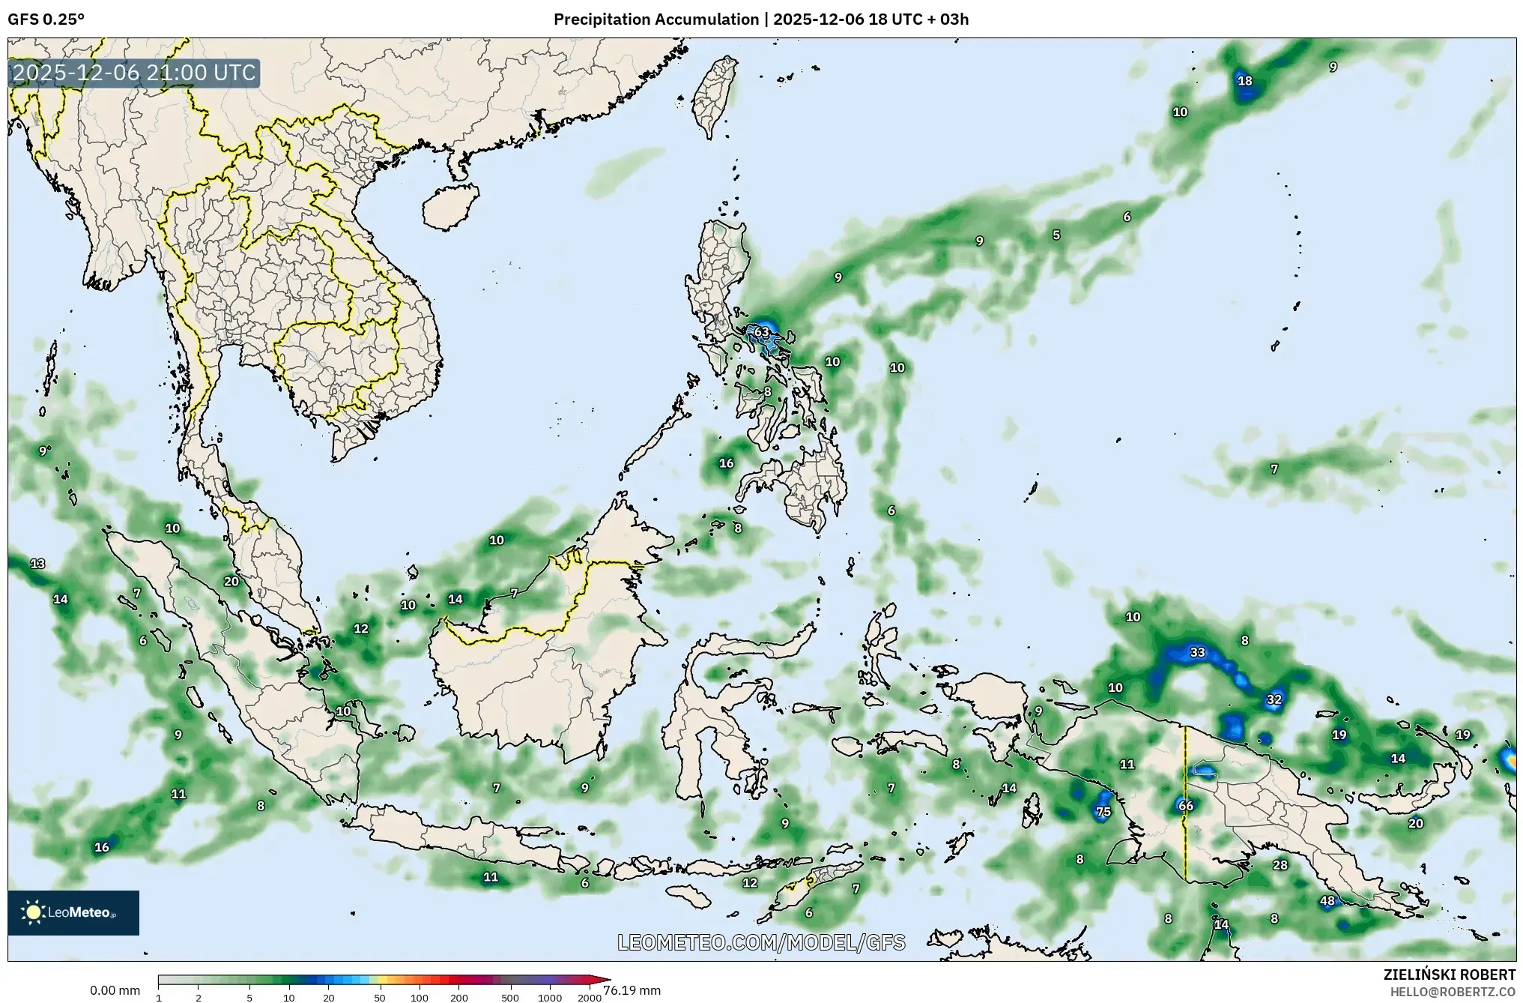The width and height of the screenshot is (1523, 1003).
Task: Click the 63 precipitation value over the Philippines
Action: point(761,332)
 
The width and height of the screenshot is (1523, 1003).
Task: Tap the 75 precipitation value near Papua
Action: point(1103,811)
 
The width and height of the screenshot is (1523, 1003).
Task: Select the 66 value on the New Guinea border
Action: point(1185,806)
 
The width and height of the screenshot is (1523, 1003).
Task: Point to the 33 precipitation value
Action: point(1197,652)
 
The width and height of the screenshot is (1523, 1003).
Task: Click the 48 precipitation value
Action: point(1327,901)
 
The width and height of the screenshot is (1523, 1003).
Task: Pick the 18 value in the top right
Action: point(1244,81)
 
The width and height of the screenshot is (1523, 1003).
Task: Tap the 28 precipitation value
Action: point(1280,865)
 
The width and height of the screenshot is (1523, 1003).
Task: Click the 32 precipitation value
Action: point(1274,699)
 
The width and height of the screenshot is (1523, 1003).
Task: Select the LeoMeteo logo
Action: point(73,912)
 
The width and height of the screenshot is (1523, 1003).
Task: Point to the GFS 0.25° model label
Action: point(46,19)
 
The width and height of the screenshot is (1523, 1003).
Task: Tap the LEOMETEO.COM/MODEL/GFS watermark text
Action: point(761,942)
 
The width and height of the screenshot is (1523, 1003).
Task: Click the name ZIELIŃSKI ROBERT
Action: point(1449,975)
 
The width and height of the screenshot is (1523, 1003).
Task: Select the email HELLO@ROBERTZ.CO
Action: point(1453,991)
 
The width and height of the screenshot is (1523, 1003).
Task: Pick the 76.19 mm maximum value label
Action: point(632,990)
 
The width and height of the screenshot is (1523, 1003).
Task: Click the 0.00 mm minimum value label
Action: point(115,990)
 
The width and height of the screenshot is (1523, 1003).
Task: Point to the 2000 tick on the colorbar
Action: point(590,998)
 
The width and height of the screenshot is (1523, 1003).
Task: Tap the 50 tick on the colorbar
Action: point(380,998)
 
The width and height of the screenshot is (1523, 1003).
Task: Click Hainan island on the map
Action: point(450,206)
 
